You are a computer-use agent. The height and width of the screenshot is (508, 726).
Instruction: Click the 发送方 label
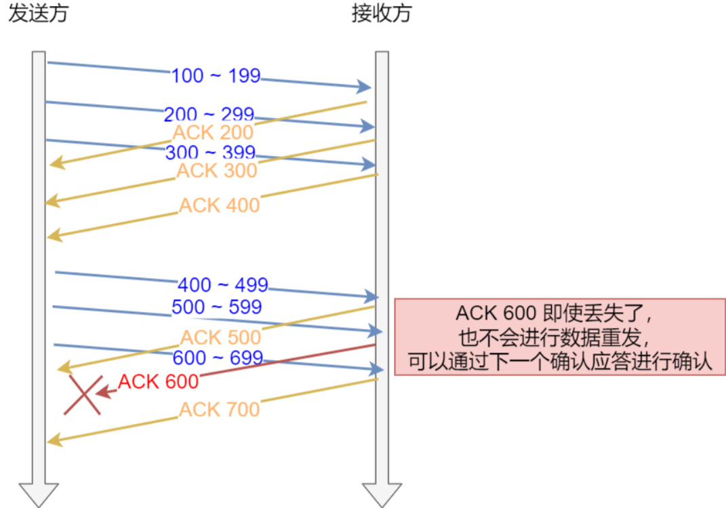click(x=38, y=14)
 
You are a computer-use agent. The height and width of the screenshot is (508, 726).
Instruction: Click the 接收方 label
click(x=382, y=14)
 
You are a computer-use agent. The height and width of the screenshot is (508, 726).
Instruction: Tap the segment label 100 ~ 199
click(x=216, y=75)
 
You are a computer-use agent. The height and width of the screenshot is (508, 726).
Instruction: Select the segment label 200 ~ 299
click(x=209, y=114)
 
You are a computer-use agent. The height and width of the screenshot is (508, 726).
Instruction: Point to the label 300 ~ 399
click(x=210, y=152)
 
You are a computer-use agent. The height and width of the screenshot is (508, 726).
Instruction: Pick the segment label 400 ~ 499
click(x=223, y=284)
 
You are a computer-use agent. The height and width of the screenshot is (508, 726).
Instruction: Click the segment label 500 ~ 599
click(x=217, y=307)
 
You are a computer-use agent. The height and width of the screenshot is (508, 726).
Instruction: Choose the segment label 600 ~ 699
click(x=218, y=357)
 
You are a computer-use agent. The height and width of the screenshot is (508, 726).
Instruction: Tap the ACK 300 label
click(x=217, y=170)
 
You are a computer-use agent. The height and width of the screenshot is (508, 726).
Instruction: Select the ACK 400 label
click(x=220, y=205)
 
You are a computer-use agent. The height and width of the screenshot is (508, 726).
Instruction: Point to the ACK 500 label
click(x=221, y=337)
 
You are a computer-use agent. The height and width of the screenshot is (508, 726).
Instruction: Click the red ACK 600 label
click(x=159, y=381)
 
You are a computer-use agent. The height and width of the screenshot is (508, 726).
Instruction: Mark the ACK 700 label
click(x=220, y=410)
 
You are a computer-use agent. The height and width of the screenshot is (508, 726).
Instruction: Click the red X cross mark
click(x=83, y=395)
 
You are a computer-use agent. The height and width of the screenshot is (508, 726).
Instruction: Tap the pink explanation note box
click(x=560, y=336)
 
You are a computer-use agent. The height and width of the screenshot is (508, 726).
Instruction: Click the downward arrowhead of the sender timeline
click(x=39, y=494)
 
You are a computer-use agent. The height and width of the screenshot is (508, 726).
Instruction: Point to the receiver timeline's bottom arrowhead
click(x=382, y=494)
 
